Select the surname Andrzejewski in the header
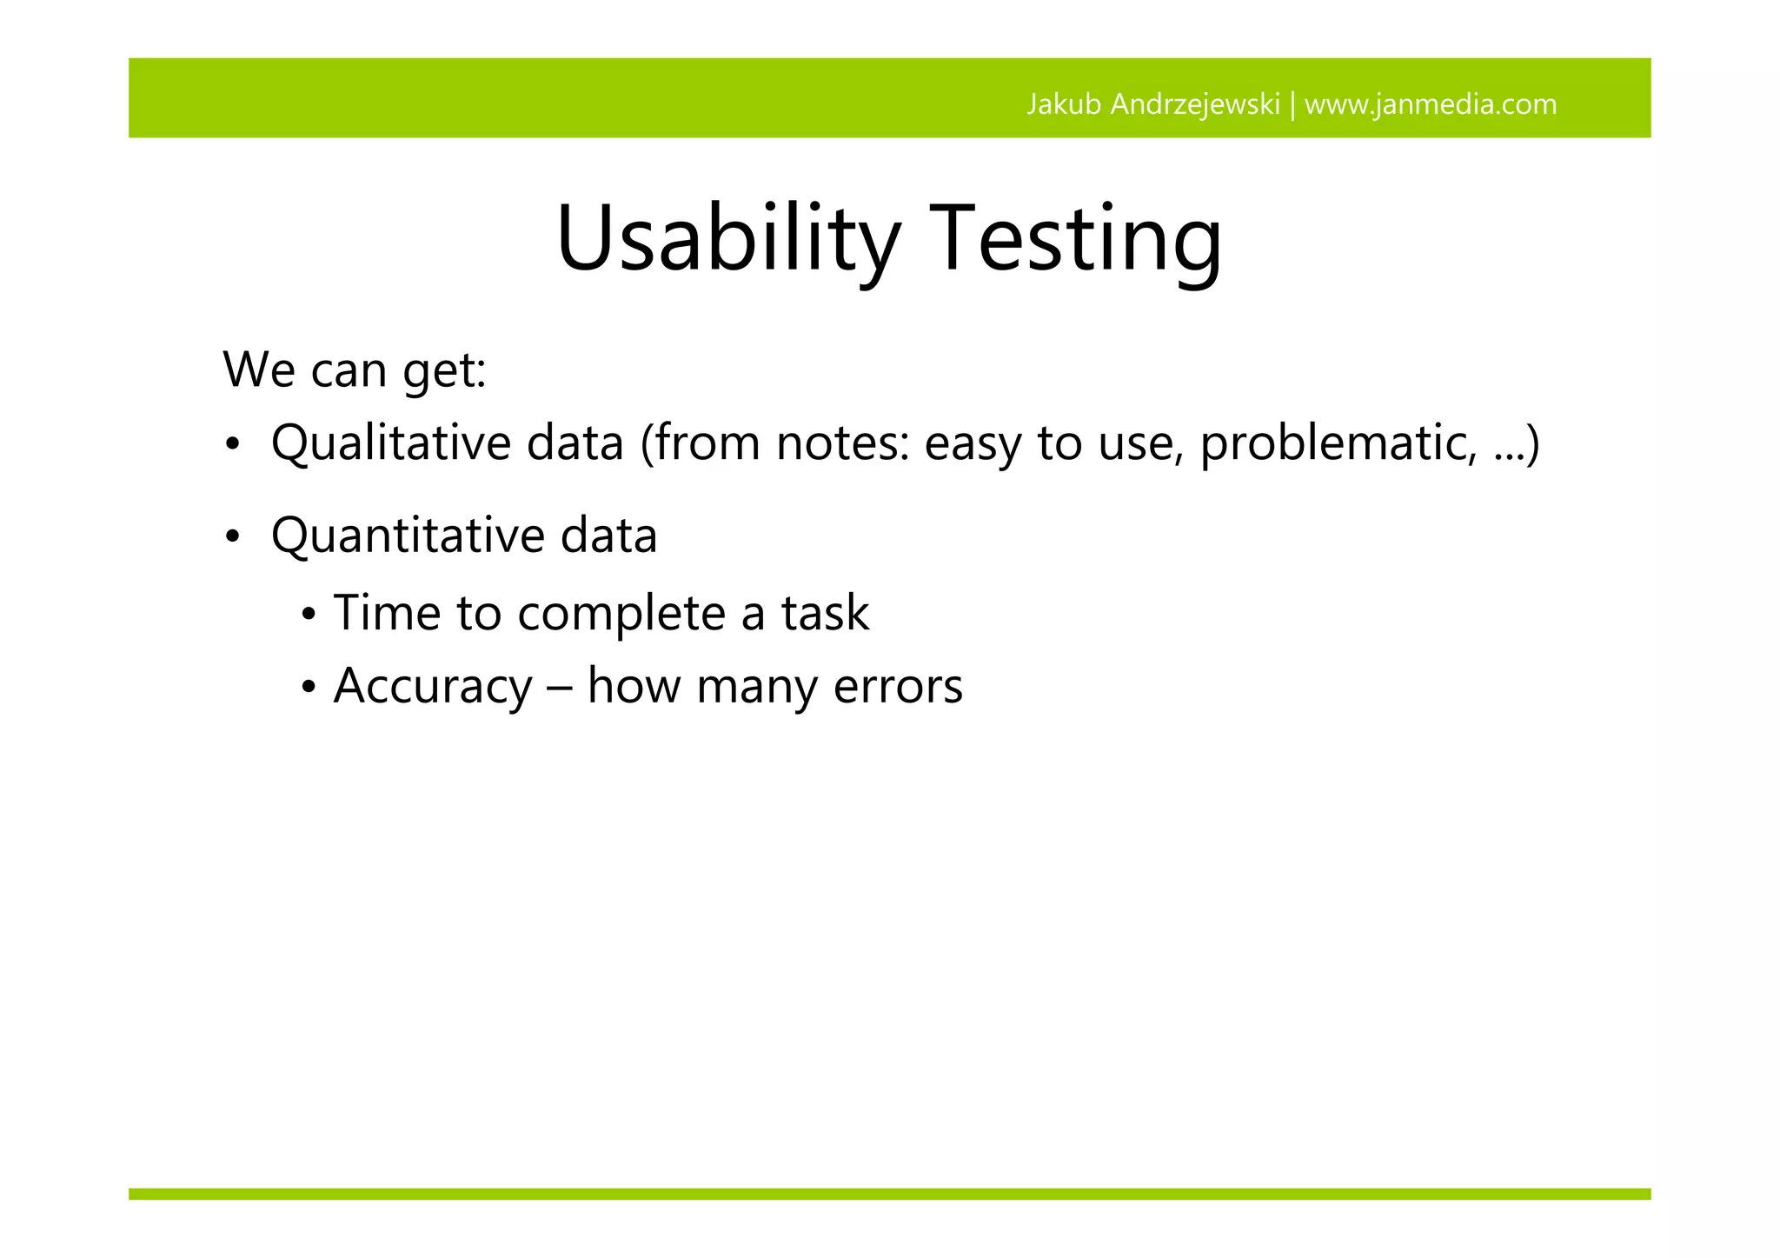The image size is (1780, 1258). pyautogui.click(x=1195, y=104)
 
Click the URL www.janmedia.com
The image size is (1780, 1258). pyautogui.click(x=1431, y=104)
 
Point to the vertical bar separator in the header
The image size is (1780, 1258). pyautogui.click(x=1292, y=104)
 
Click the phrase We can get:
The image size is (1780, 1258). pyautogui.click(x=355, y=369)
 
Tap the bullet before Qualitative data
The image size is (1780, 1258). pyautogui.click(x=231, y=446)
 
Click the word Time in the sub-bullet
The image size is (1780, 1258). pyautogui.click(x=387, y=612)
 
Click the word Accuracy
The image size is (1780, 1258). pyautogui.click(x=432, y=686)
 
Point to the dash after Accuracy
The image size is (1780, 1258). pyautogui.click(x=560, y=688)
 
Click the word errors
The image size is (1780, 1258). pyautogui.click(x=898, y=686)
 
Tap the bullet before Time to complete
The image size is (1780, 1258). pyautogui.click(x=309, y=616)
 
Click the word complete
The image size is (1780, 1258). pyautogui.click(x=621, y=614)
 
